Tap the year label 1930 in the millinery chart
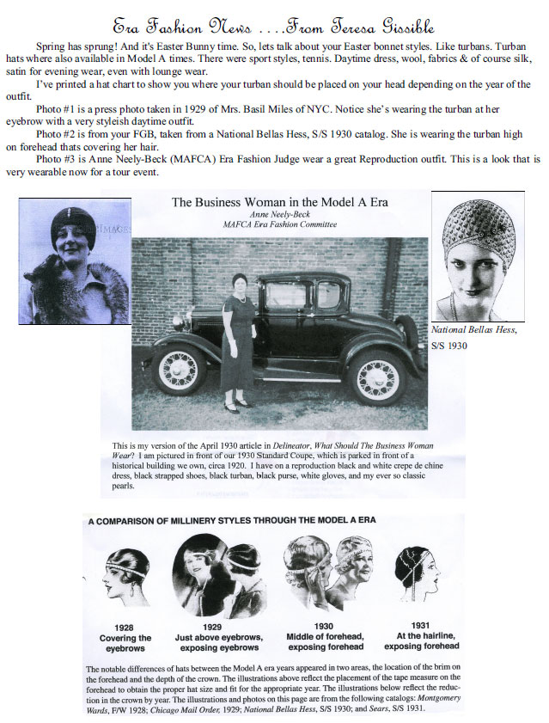(x=324, y=627)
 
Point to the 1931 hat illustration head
(x=418, y=572)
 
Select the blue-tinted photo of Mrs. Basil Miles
(x=74, y=260)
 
